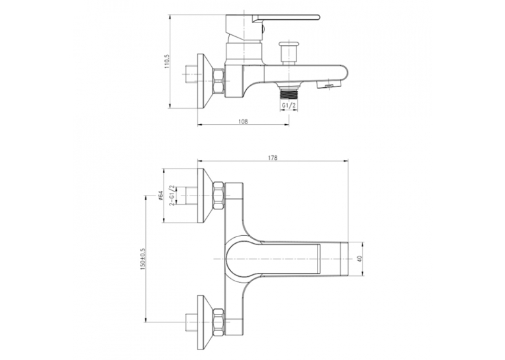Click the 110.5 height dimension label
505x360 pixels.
(166, 61)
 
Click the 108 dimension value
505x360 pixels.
(243, 122)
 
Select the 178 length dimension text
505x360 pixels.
(273, 158)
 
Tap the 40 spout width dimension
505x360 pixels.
(360, 259)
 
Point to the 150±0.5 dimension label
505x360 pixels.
(143, 259)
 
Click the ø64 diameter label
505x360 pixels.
(161, 196)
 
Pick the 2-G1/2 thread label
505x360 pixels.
(172, 196)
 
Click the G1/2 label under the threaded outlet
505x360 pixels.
(288, 106)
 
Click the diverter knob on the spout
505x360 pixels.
(288, 54)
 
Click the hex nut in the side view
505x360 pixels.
(219, 81)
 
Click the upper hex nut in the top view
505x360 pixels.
(219, 196)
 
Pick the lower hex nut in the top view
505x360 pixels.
(219, 322)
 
